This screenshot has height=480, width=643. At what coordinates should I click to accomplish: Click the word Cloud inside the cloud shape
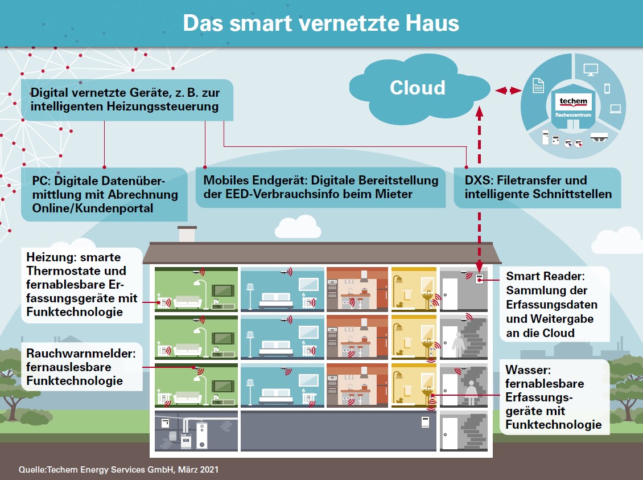(x=418, y=88)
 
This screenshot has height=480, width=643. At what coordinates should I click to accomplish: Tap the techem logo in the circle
(x=573, y=101)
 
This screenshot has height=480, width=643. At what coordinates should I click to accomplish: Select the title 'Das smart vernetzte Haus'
(x=321, y=23)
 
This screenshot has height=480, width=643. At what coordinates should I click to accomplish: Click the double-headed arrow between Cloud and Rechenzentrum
(x=508, y=91)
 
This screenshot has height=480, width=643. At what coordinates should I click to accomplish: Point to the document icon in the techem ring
(x=538, y=85)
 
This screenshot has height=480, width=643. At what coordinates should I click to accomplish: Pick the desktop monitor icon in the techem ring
(x=591, y=69)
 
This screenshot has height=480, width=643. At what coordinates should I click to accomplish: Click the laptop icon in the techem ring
(x=616, y=109)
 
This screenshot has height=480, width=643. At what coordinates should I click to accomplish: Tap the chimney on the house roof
(x=187, y=234)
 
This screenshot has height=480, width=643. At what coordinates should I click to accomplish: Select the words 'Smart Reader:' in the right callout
(x=545, y=276)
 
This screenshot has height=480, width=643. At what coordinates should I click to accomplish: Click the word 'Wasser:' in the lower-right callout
(x=528, y=370)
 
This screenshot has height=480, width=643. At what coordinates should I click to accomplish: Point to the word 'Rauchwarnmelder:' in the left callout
(x=81, y=353)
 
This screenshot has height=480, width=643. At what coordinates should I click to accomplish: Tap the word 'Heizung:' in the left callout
(x=51, y=257)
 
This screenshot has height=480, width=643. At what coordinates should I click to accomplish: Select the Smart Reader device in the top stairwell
(x=479, y=280)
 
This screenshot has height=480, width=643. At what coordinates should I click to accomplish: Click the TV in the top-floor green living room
(x=223, y=291)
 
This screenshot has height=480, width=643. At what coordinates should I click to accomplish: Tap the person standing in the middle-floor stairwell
(x=458, y=344)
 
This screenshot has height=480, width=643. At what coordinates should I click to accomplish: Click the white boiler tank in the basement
(x=202, y=436)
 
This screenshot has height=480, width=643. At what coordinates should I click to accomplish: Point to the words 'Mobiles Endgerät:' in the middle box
(x=255, y=180)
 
